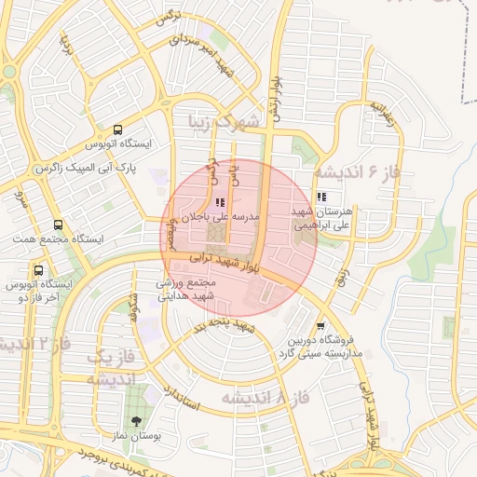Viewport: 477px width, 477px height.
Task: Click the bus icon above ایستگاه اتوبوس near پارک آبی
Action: (x=118, y=130)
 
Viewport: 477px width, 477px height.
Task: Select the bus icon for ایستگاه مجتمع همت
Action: (x=59, y=225)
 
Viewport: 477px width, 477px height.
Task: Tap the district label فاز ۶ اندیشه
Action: (x=359, y=171)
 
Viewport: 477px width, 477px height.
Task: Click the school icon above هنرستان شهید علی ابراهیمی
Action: (x=321, y=198)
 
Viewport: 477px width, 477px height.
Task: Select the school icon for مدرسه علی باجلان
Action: (x=219, y=202)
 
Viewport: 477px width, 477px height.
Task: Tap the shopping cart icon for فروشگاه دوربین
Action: (x=321, y=326)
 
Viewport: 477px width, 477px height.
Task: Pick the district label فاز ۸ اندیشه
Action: (x=265, y=399)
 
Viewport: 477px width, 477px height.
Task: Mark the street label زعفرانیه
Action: (x=379, y=112)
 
